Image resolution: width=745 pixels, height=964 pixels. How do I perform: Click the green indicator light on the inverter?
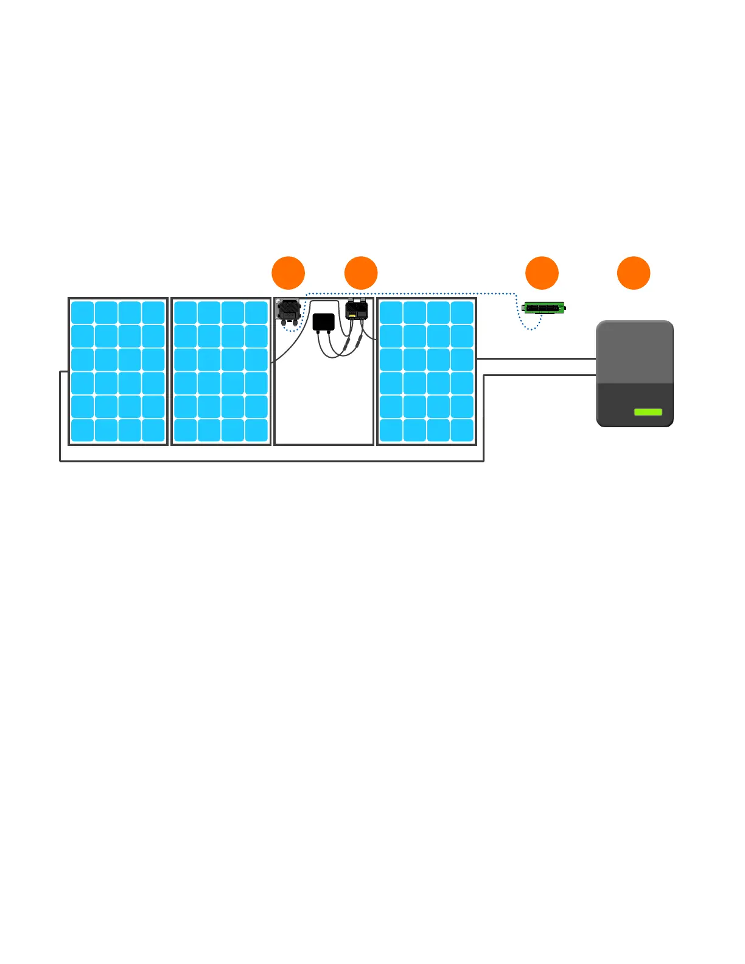(x=648, y=412)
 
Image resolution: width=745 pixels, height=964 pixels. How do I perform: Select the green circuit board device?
(x=544, y=308)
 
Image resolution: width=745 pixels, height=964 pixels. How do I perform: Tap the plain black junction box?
(x=324, y=322)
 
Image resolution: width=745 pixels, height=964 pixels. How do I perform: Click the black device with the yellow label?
(x=357, y=310)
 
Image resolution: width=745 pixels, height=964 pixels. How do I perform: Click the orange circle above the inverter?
(x=634, y=273)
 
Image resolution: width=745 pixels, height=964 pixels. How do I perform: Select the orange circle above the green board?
(x=542, y=273)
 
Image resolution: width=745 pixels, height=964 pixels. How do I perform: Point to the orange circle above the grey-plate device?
(x=288, y=273)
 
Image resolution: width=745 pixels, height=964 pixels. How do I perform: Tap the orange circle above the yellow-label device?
(x=361, y=273)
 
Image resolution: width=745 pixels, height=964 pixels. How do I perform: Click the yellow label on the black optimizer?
(x=352, y=316)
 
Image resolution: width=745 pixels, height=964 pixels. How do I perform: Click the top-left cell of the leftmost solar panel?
(x=82, y=313)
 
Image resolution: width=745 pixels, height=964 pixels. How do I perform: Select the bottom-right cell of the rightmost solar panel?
(x=463, y=430)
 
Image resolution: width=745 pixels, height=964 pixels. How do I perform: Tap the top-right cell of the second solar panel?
(x=256, y=313)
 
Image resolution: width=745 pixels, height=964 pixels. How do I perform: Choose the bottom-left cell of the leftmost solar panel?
(x=82, y=430)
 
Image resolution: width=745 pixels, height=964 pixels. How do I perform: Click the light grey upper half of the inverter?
(x=635, y=352)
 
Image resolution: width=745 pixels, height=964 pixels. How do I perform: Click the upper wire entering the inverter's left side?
(x=536, y=359)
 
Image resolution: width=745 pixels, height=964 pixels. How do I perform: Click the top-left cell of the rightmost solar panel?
(x=391, y=313)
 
